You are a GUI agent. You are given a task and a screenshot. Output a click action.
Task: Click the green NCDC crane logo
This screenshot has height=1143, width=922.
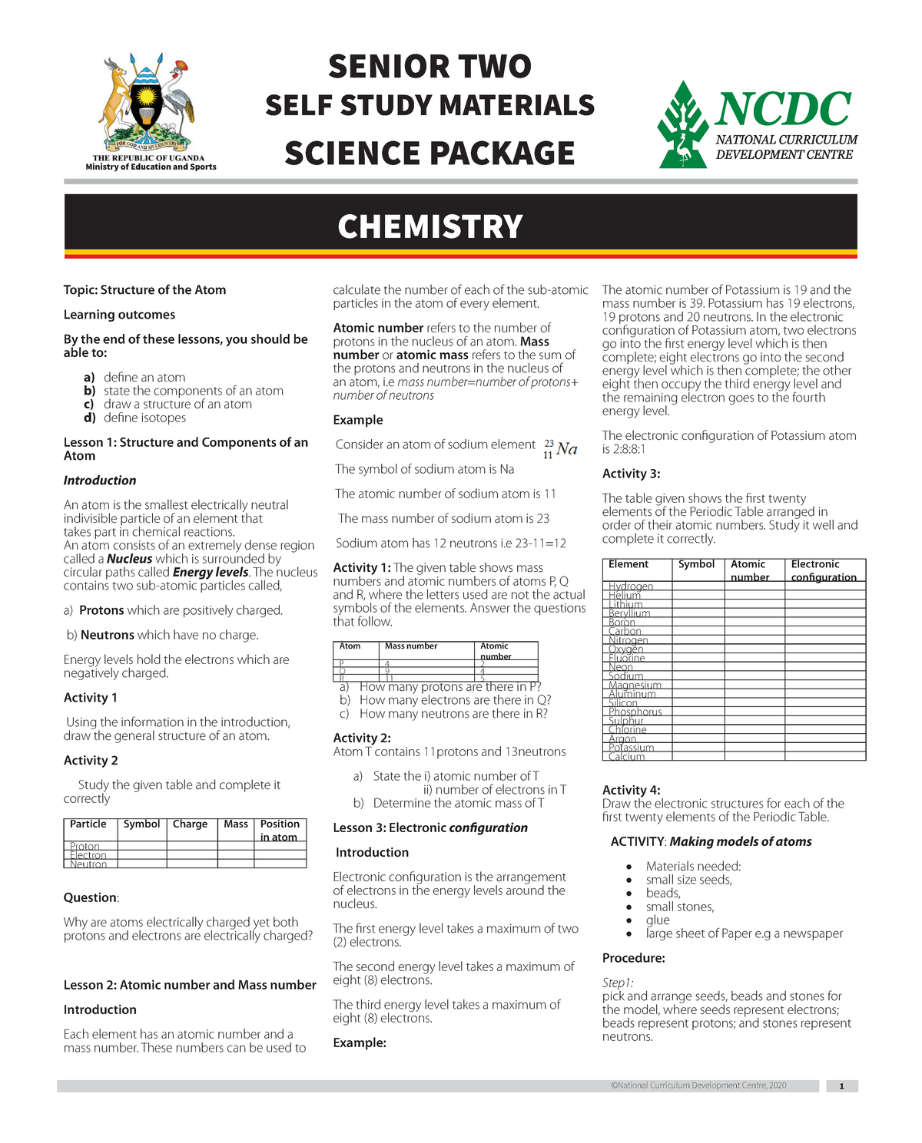coord(682,125)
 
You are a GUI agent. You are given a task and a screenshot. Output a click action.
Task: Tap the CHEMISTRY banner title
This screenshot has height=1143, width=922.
coord(429,226)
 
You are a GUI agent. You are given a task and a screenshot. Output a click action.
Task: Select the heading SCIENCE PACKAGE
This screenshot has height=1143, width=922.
coord(429,154)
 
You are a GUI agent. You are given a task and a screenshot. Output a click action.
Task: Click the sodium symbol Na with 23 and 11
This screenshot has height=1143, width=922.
coord(560,449)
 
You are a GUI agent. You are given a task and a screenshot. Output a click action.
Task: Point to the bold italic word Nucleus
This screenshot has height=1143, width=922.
coord(129,559)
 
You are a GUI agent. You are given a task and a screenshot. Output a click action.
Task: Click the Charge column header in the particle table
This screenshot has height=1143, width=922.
coord(190,824)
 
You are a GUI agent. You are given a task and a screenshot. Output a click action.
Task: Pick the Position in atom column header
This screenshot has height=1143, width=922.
coord(280,830)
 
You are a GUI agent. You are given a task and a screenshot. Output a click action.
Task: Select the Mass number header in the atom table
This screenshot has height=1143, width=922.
coord(411,646)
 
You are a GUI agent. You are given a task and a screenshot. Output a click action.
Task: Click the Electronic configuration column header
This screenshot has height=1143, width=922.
coord(824,570)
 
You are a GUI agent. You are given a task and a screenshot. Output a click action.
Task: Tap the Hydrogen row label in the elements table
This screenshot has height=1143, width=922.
coord(631,586)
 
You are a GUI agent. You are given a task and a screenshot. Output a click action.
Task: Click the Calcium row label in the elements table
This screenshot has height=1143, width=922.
coord(627,757)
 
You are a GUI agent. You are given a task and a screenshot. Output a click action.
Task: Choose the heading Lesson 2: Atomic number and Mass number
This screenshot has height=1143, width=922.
coord(190,985)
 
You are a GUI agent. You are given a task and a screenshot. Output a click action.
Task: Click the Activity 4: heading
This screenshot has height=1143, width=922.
coord(631,790)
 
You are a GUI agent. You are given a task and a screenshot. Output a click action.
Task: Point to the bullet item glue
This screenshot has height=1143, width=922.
coord(658,920)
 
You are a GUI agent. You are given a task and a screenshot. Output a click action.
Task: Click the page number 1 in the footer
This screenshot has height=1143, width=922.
coord(842,1086)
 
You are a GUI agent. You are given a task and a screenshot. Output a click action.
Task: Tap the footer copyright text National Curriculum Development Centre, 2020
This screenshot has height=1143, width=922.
coord(698,1085)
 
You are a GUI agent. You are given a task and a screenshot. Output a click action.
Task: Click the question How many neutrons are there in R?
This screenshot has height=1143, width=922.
coord(453,714)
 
